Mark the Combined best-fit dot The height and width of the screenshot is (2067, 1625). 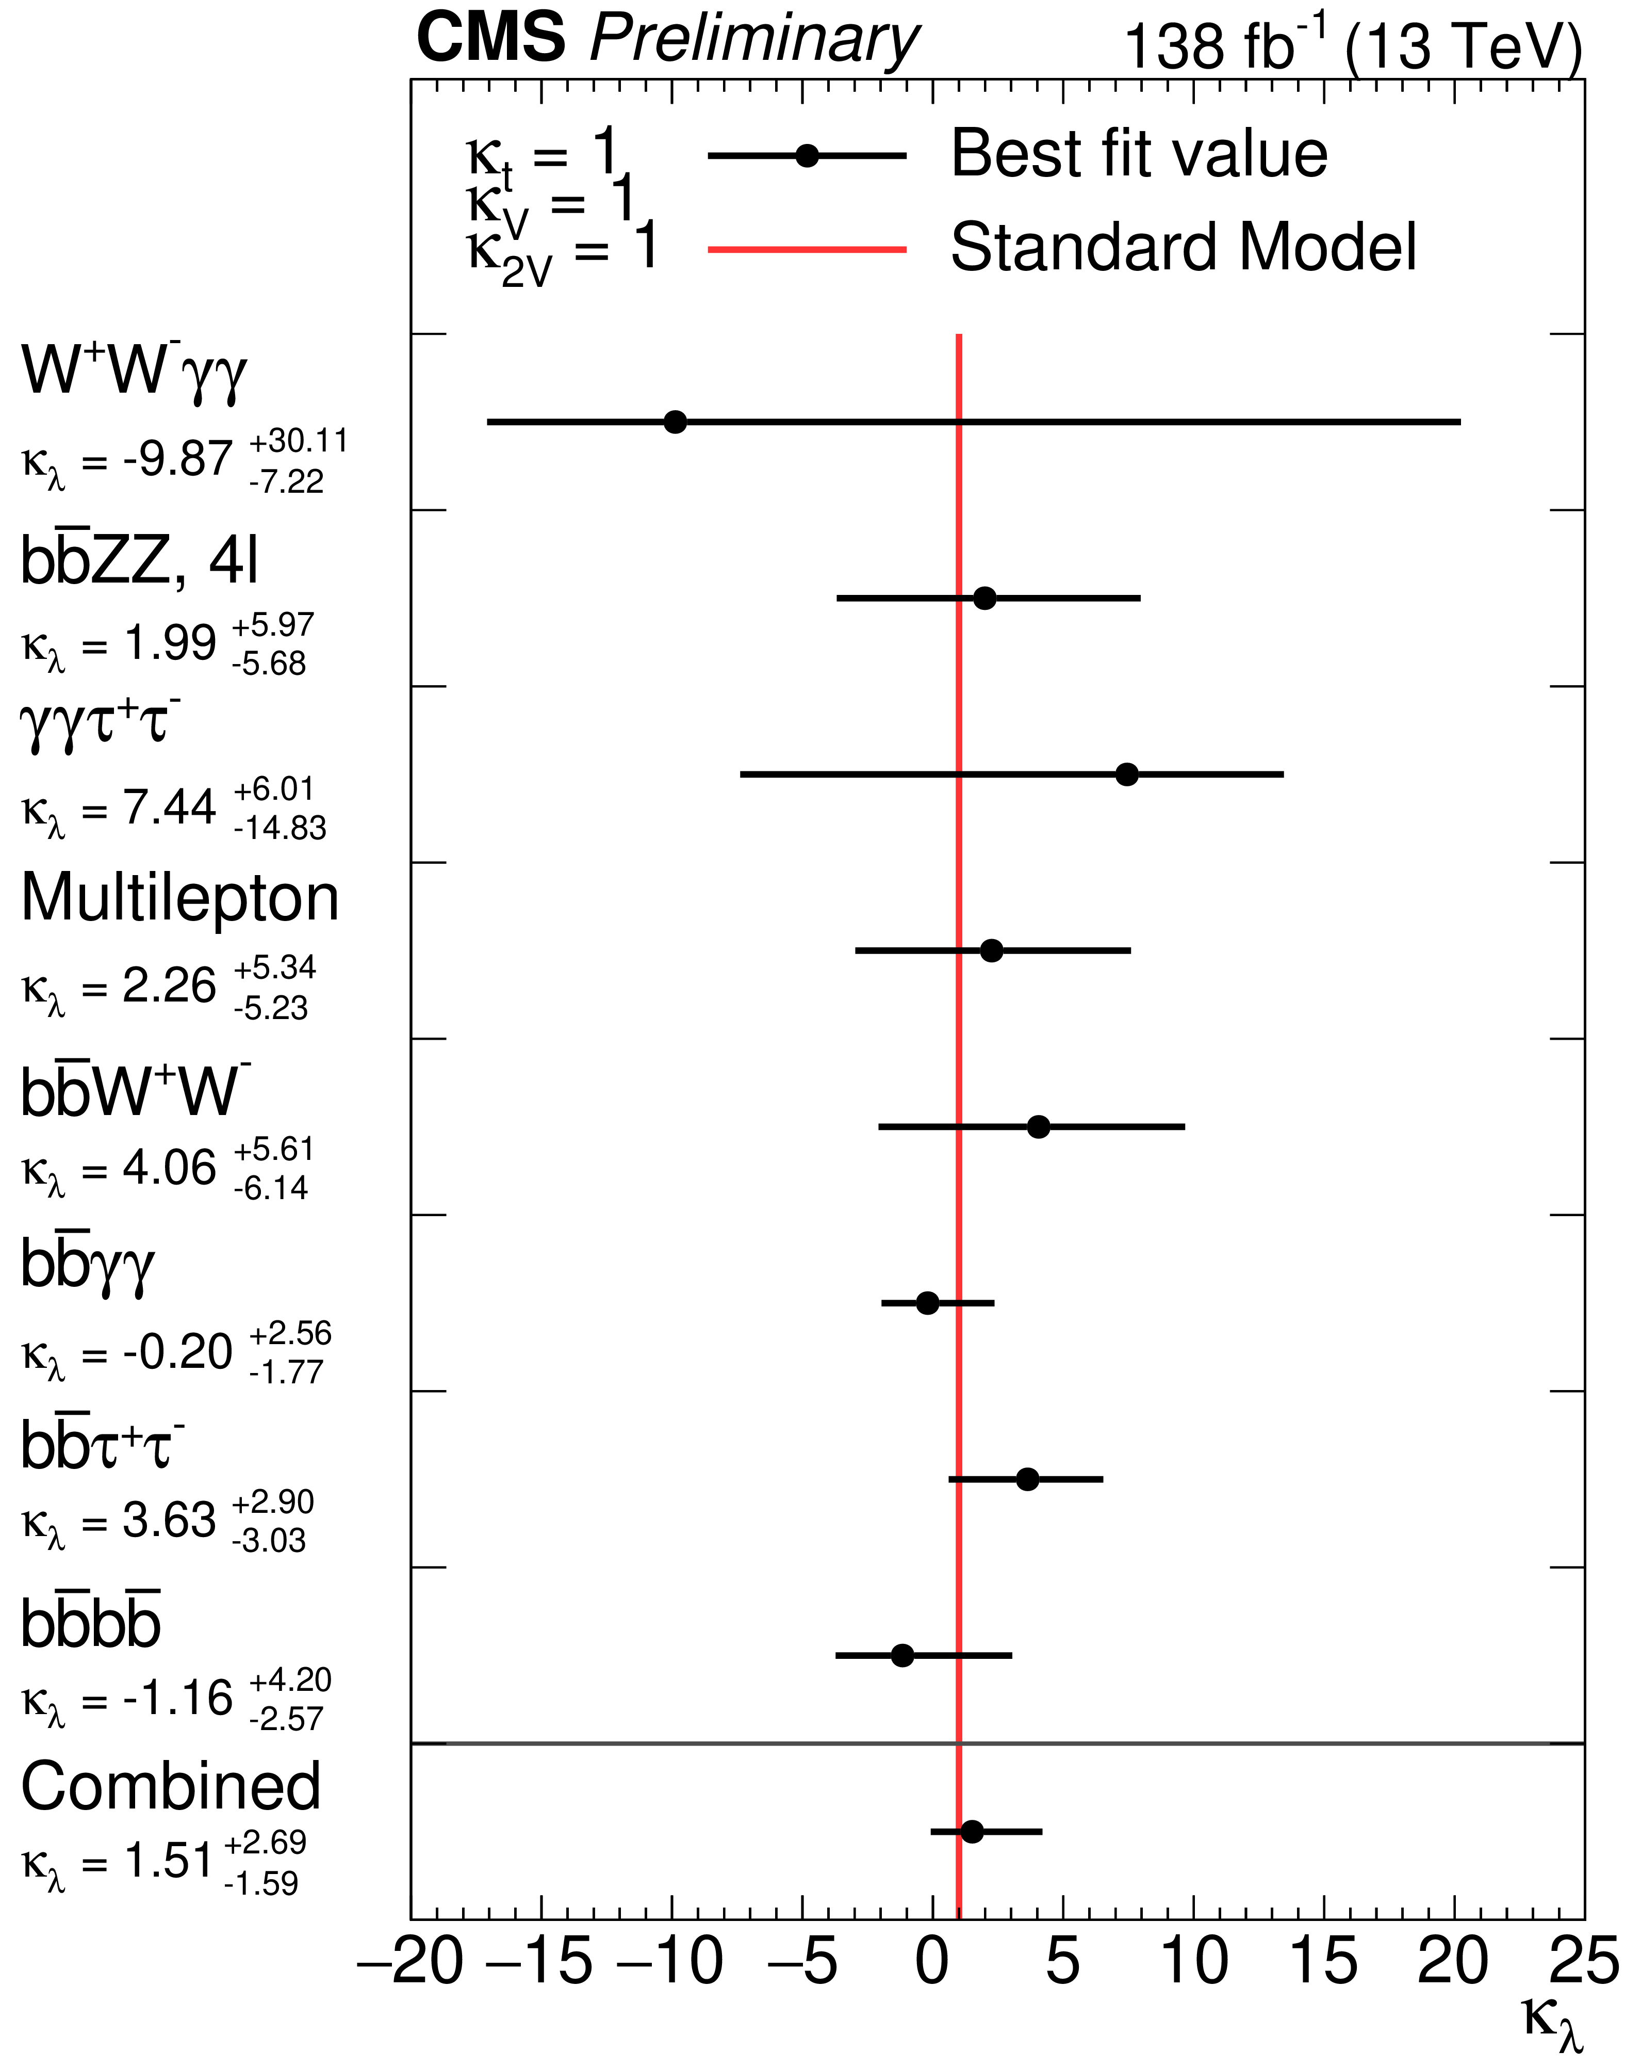[x=972, y=1832]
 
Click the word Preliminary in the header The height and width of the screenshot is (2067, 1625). [x=753, y=40]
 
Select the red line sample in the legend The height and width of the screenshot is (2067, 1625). [x=807, y=249]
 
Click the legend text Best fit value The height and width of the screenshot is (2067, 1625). [x=1139, y=154]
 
